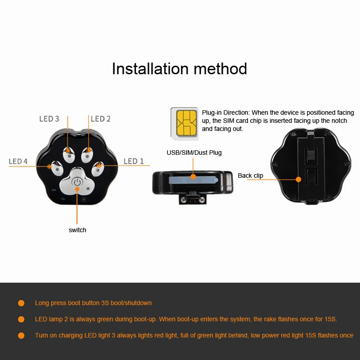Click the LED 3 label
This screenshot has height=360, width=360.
49,119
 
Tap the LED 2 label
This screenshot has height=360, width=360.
100,119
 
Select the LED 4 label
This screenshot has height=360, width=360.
18,161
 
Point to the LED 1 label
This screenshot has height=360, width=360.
134,161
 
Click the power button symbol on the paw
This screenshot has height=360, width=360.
77,182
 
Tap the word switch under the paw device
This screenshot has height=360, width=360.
77,230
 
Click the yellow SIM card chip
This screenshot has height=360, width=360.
186,123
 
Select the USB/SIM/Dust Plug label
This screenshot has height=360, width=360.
194,153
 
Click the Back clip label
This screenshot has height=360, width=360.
250,175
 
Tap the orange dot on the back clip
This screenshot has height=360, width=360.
298,179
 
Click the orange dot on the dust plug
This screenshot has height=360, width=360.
193,176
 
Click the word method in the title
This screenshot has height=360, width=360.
220,69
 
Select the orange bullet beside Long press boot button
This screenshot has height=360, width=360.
21,303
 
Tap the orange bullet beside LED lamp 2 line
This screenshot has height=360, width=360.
21,319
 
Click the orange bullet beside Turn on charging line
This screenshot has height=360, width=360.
21,336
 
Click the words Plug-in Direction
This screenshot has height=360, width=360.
226,113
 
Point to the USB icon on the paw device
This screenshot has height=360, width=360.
63,199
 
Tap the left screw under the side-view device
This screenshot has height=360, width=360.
183,199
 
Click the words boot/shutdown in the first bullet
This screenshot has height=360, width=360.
131,303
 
